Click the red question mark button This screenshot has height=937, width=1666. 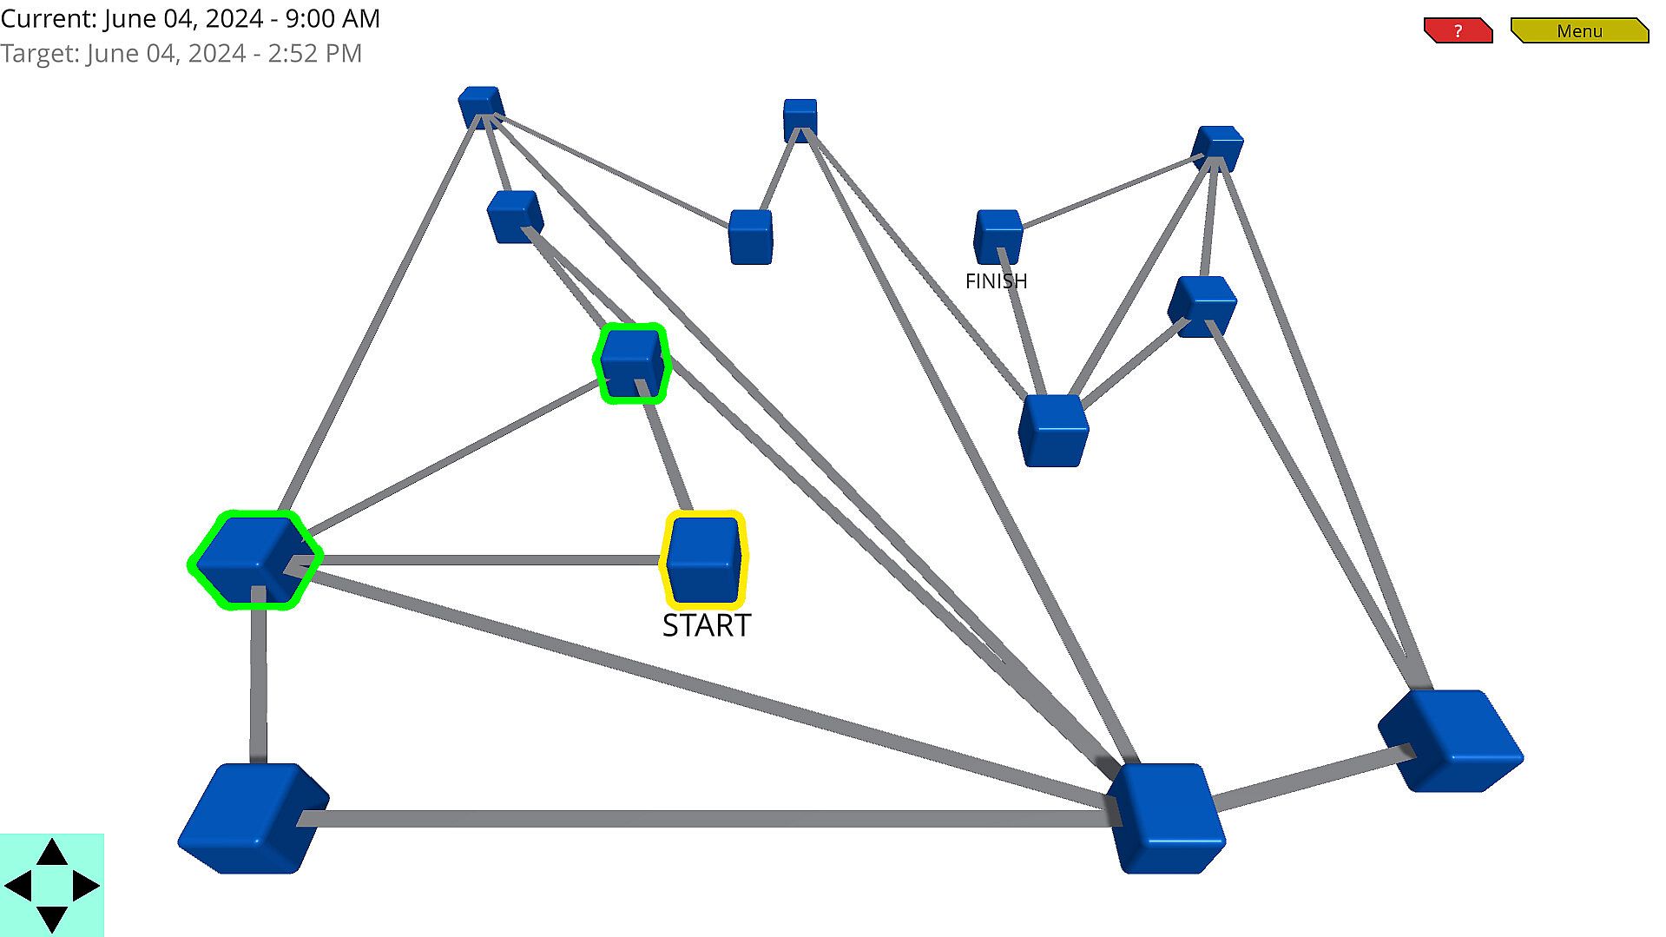tap(1458, 31)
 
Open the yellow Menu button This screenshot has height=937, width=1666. tap(1578, 31)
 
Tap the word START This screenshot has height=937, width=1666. tap(706, 625)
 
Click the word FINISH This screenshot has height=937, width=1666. tap(996, 281)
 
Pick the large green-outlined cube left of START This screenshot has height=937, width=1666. tap(254, 559)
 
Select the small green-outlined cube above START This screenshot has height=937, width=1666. tap(632, 362)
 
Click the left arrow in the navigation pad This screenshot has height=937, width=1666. tap(18, 886)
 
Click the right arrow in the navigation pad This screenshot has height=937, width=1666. tap(86, 886)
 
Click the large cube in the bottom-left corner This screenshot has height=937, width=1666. tap(252, 818)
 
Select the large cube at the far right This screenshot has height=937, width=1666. tap(1450, 740)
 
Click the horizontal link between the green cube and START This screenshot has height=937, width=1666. tap(486, 560)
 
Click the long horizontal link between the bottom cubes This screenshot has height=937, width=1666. tap(703, 818)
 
